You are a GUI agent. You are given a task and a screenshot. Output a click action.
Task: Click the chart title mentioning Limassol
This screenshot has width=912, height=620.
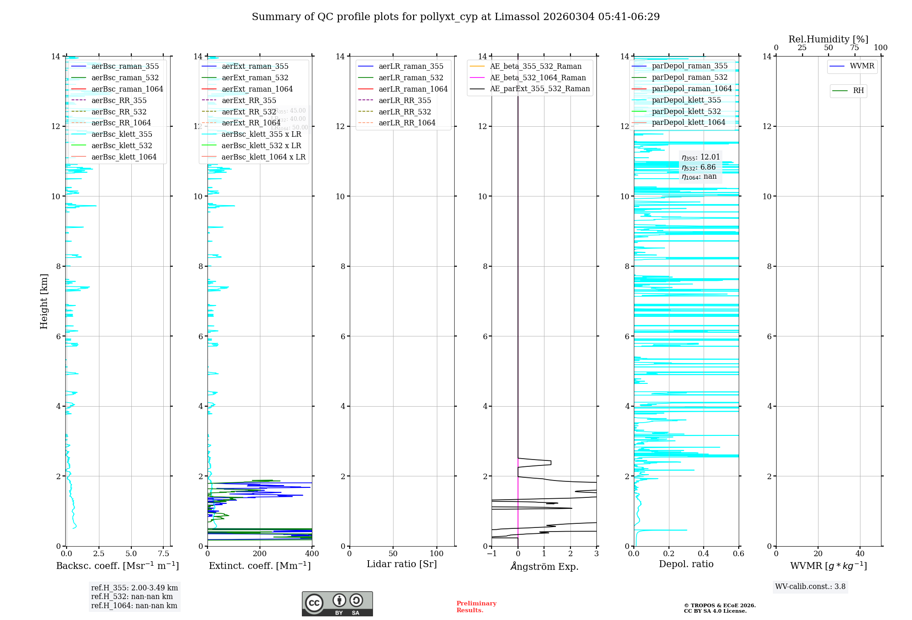coord(456,17)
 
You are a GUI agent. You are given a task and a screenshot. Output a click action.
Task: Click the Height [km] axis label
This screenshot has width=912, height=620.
coord(44,301)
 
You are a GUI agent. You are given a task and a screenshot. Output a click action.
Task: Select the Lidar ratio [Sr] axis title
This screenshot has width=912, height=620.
coord(402,564)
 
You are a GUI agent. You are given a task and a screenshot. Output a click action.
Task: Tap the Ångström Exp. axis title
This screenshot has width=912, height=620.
coord(544,566)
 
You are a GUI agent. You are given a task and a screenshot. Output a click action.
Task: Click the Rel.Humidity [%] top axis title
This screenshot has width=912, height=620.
coord(828,39)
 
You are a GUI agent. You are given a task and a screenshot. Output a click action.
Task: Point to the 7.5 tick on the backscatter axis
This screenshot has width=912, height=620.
coord(164,554)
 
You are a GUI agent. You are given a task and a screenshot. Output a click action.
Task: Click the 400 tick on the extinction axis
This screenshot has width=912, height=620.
coord(312,554)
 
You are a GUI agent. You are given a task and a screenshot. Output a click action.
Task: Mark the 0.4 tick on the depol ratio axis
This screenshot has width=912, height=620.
coord(704,554)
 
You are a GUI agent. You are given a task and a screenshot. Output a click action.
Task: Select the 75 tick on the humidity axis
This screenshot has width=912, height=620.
coord(855,48)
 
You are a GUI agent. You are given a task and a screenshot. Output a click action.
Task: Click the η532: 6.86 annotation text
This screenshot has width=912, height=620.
coord(699,167)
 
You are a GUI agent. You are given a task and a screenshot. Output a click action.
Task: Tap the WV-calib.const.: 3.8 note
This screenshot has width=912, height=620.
coord(810,587)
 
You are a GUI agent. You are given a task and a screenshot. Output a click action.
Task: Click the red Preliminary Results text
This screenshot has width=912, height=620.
coord(476,607)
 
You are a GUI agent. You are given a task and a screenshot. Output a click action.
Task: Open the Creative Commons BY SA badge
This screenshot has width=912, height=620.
coord(337,604)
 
